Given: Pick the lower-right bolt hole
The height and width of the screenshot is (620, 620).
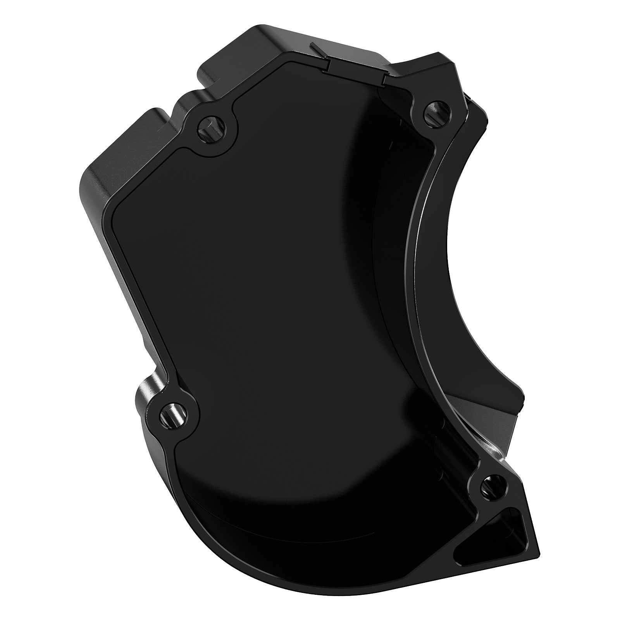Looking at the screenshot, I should tap(493, 486).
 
